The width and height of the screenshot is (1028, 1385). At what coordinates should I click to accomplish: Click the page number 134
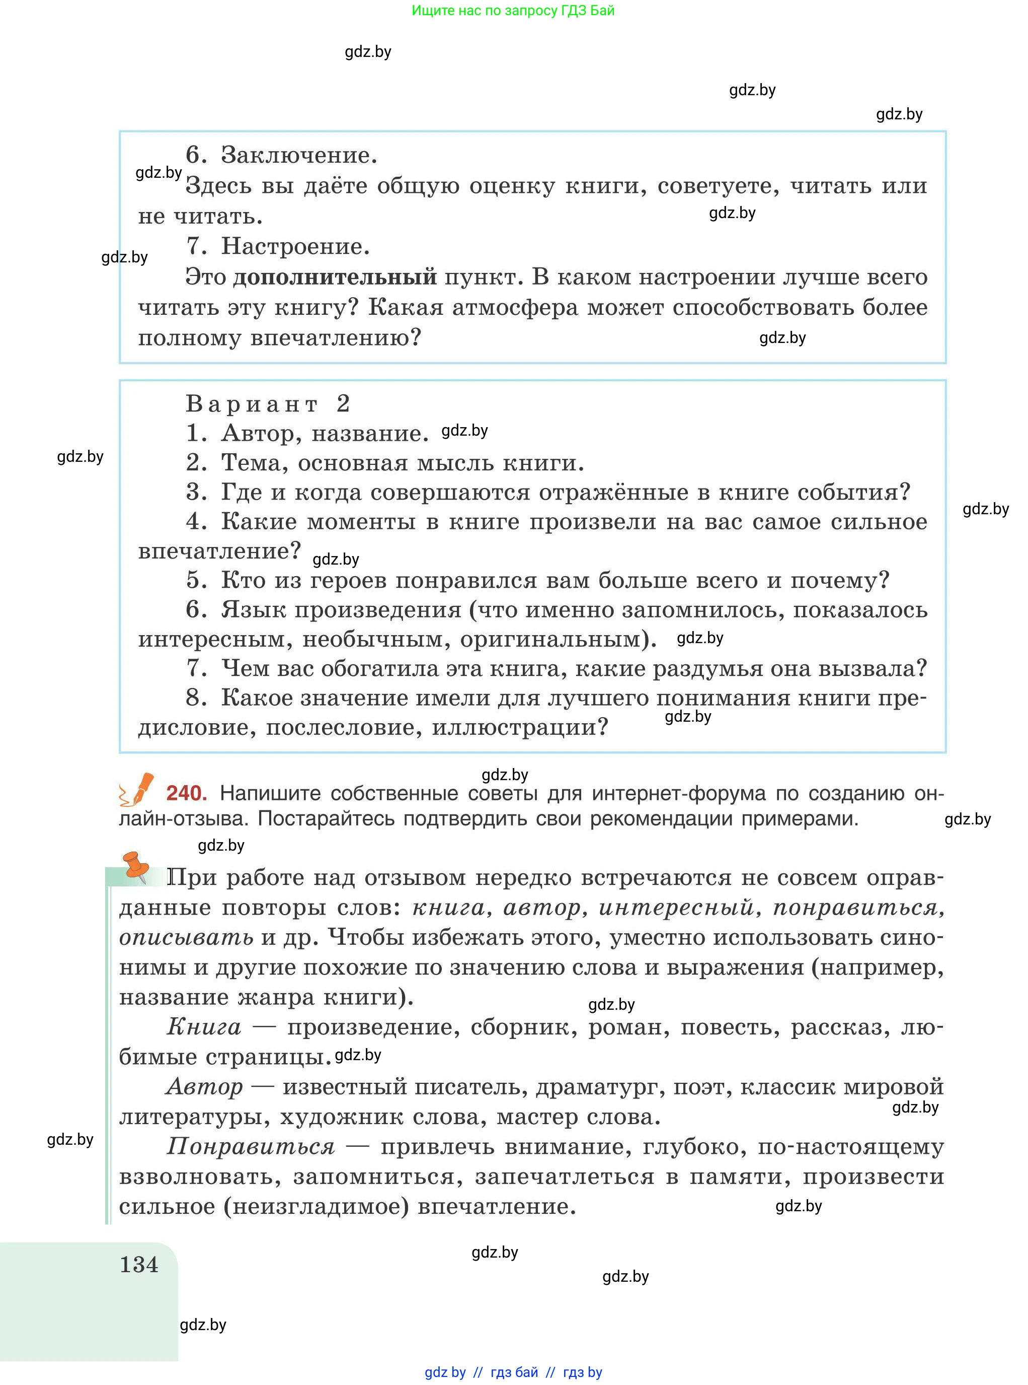tap(139, 1265)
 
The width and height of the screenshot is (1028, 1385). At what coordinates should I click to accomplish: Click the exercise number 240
tap(186, 793)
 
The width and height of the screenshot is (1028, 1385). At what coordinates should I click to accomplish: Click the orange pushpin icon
tap(136, 866)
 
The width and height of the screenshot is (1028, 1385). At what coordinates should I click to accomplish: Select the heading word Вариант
tap(252, 404)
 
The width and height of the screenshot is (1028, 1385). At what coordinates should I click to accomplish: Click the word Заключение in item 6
tap(299, 155)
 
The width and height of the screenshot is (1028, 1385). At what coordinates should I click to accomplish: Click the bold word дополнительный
tap(335, 276)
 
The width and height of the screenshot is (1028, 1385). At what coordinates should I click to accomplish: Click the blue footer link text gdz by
tap(445, 1372)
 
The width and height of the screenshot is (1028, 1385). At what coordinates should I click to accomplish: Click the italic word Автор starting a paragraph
tap(205, 1087)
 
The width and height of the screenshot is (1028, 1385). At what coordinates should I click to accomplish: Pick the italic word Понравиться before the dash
tap(251, 1146)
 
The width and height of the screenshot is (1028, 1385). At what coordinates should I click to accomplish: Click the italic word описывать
tap(186, 937)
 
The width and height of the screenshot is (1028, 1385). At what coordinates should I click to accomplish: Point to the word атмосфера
tap(515, 307)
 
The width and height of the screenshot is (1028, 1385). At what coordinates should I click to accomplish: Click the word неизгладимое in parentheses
tap(316, 1206)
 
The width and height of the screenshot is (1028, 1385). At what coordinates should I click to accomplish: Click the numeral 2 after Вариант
tap(343, 404)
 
